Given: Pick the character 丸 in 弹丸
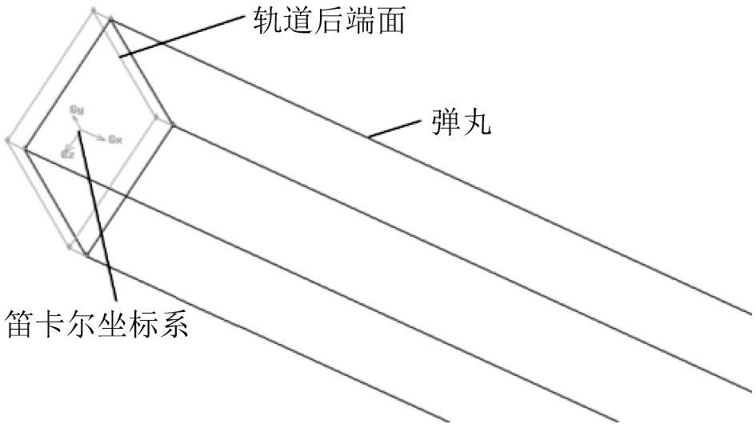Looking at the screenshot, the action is tap(473, 124).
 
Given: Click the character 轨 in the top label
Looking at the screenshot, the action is tap(265, 20).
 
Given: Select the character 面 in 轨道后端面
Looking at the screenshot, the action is tap(394, 20).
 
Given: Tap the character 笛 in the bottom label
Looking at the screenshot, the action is tap(22, 324).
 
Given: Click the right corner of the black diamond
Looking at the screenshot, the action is tap(171, 123).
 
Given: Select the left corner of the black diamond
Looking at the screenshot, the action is tap(25, 149).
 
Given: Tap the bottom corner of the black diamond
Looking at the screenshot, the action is tap(86, 256).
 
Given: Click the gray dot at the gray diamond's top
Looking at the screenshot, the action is tap(95, 10).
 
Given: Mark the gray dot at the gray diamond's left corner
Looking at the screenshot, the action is tap(8, 141).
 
